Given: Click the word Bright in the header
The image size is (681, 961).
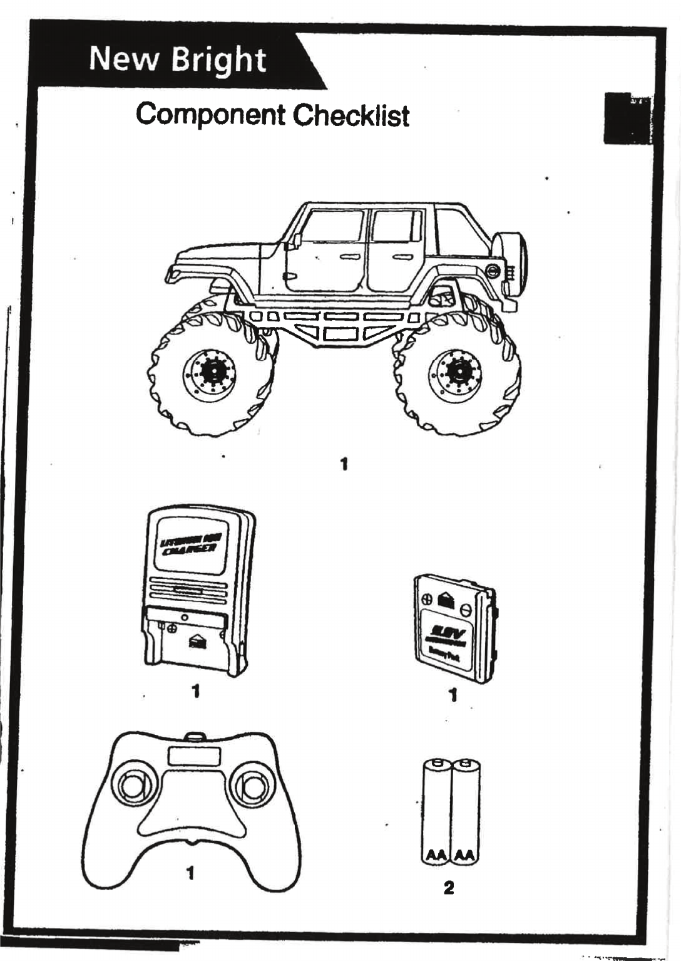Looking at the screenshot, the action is coord(218,61).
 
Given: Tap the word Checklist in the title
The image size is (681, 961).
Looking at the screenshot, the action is coord(351,115).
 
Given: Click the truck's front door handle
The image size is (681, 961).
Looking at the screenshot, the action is coord(349,257).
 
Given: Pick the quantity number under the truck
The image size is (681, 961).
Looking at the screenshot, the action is coord(344,464).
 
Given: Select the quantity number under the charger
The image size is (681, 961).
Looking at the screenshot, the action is coord(196,691).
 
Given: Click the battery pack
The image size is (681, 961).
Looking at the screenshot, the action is coord(455,628).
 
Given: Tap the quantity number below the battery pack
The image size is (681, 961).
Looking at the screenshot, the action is coord(453,695).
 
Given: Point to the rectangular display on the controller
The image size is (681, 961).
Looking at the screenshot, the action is coord(193,756).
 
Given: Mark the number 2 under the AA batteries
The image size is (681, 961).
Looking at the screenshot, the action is coord(449,888).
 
